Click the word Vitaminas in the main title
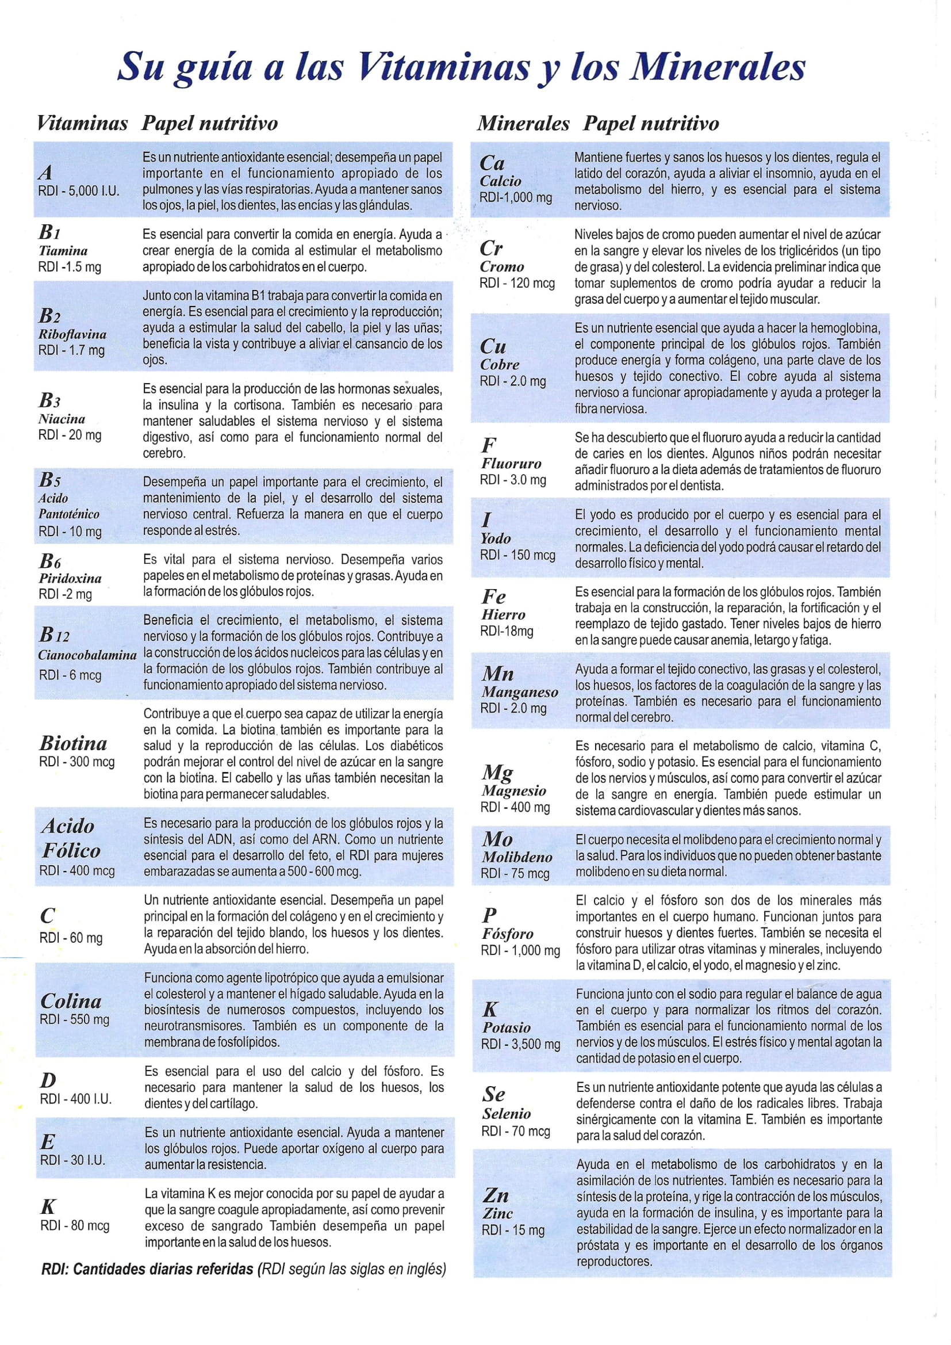click(x=443, y=67)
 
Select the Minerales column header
click(x=522, y=124)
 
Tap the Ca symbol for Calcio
click(x=492, y=163)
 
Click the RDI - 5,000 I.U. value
click(x=78, y=190)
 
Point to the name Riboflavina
click(x=72, y=334)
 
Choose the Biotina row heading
click(x=73, y=743)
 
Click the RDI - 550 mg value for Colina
click(x=74, y=1019)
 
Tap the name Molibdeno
click(x=517, y=857)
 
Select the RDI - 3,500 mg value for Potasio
click(x=520, y=1044)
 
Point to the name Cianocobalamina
click(x=87, y=655)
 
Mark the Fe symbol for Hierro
click(x=494, y=597)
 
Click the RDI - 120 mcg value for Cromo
click(x=517, y=283)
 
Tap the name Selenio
click(x=507, y=1114)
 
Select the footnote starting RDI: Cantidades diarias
click(x=243, y=1269)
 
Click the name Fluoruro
click(x=511, y=463)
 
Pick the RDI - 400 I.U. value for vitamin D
click(x=75, y=1099)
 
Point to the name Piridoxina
click(x=70, y=578)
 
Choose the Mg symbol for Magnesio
click(x=497, y=771)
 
